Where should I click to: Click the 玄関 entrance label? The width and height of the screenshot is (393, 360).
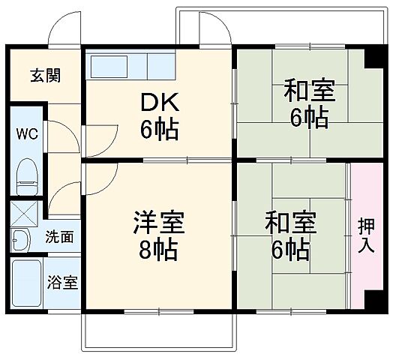pyautogui.click(x=45, y=76)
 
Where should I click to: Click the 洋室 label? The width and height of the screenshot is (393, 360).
pyautogui.click(x=158, y=223)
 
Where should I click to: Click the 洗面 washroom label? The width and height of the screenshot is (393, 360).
pyautogui.click(x=59, y=238)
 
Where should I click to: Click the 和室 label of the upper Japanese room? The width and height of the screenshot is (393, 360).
pyautogui.click(x=308, y=92)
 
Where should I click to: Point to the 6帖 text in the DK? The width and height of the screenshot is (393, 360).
pyautogui.click(x=159, y=130)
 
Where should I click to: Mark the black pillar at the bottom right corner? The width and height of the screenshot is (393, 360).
pyautogui.click(x=373, y=300)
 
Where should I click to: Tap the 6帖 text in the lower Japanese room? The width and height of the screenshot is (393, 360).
pyautogui.click(x=289, y=249)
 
